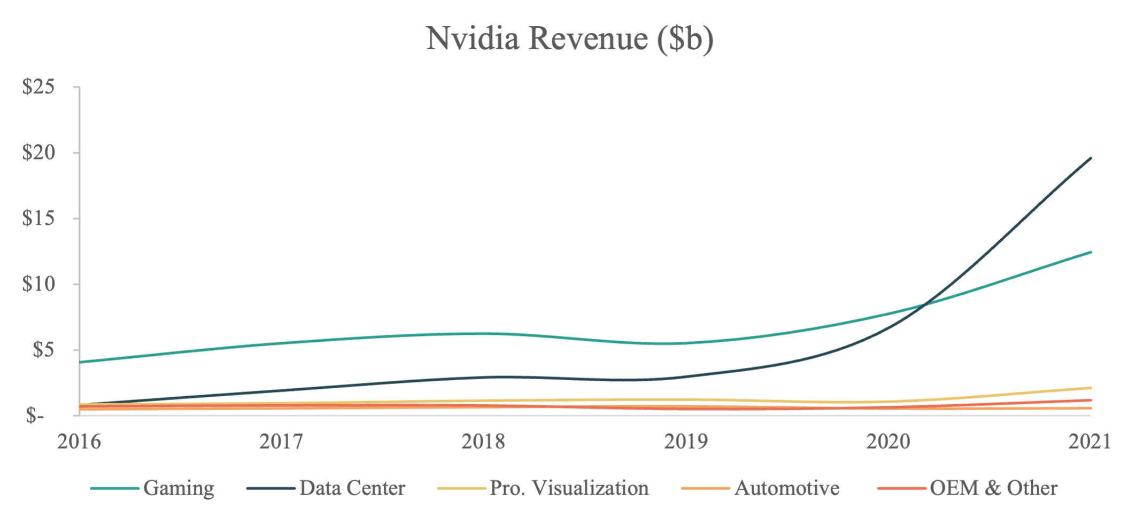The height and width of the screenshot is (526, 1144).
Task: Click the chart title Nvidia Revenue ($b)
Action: coord(570,38)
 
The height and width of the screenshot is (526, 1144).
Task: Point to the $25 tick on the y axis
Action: coord(38,86)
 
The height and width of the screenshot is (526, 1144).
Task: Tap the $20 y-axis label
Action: coord(38,152)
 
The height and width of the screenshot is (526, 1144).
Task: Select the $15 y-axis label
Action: coord(38,218)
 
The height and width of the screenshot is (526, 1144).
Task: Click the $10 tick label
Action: coord(38,284)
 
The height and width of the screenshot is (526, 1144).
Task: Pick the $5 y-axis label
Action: coord(43,350)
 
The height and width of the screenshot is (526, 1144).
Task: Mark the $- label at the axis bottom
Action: coord(35,415)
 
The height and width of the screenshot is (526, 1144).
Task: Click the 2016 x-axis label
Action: coord(79,442)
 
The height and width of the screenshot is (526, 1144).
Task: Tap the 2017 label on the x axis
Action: coord(281,442)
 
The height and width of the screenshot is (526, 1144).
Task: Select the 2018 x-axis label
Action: coord(483,442)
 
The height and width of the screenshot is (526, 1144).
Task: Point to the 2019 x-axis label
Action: coord(686,442)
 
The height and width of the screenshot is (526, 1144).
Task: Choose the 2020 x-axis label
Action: coord(888,442)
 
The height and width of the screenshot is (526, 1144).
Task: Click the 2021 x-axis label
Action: coord(1089,442)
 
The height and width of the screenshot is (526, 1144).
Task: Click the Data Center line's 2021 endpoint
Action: coord(1091,158)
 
